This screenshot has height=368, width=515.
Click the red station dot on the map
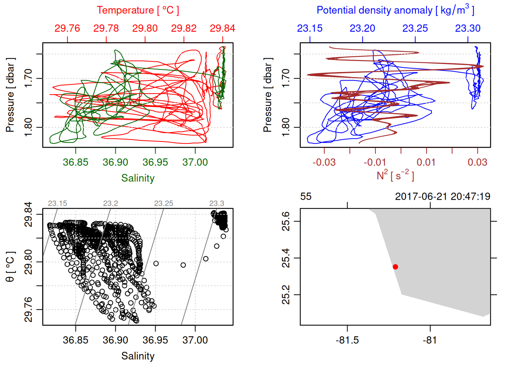coord(395,267)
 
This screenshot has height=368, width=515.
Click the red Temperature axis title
coord(138,10)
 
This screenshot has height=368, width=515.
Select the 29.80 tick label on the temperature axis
coord(145,28)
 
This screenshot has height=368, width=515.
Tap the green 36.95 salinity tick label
coord(155,162)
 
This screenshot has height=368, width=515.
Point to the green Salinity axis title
coord(138,178)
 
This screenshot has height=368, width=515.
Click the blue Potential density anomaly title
coord(395,10)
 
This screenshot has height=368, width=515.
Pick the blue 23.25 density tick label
coord(415,28)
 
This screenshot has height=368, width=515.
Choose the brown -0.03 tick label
coord(324,162)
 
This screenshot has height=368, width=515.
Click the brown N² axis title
coord(395,175)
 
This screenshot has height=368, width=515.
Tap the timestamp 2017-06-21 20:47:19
coord(443,197)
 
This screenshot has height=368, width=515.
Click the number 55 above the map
coord(306,197)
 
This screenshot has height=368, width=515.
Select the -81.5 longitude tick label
coord(347,340)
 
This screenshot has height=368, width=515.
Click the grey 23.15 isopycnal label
coord(57,204)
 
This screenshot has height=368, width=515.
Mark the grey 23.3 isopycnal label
coord(216,204)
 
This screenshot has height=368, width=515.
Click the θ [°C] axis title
coord(10,267)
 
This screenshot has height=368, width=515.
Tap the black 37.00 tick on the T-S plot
coord(195,340)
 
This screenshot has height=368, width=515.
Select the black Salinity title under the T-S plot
coord(138,356)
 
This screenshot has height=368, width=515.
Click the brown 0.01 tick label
coord(426,162)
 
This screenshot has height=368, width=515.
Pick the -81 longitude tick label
coord(430,340)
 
